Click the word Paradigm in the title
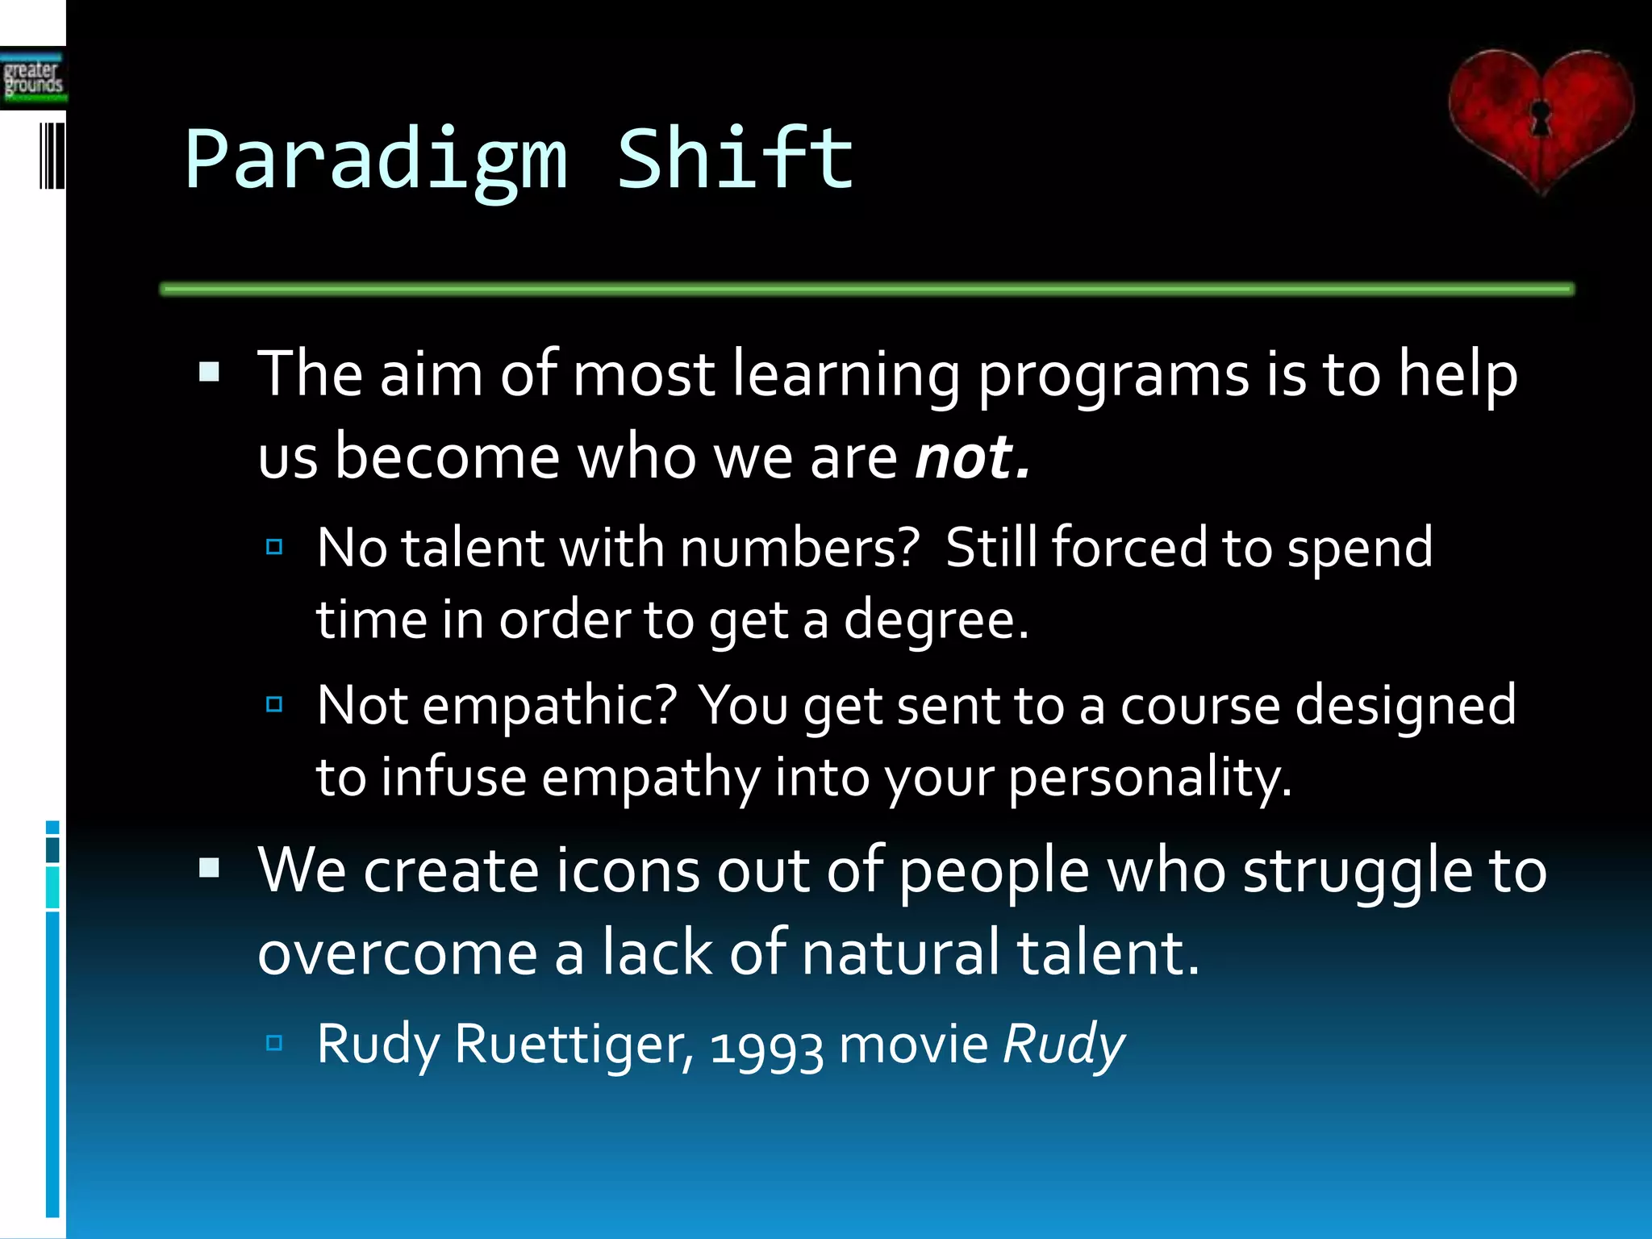377,161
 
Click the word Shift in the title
735,160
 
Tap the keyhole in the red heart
1540,118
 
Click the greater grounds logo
33,78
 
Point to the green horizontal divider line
866,289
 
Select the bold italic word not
971,457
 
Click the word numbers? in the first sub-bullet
799,549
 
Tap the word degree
936,620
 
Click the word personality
1149,778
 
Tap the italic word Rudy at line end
1063,1045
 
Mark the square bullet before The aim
210,372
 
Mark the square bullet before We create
210,868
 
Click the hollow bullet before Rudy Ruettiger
274,1043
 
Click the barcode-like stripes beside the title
52,156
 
